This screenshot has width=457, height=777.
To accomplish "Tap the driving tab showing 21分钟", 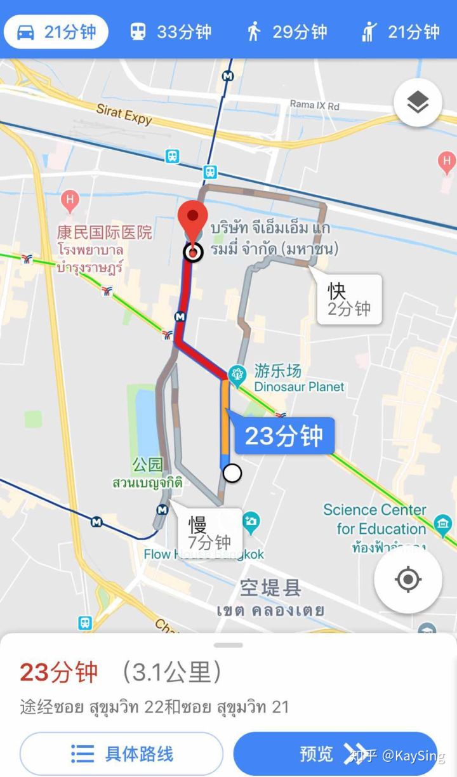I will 56,32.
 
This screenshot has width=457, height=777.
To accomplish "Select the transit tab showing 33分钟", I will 170,32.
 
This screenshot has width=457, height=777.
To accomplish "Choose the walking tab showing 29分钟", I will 287,32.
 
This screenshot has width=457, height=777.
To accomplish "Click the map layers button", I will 418,102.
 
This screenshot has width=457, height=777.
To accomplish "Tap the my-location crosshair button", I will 407,580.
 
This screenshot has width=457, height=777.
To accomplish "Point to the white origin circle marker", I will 233,473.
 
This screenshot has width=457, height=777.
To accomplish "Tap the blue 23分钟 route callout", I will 284,436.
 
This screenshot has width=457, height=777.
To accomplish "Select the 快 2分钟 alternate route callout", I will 349,300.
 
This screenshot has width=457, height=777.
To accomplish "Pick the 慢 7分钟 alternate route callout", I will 209,532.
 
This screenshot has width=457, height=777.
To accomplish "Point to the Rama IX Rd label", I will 314,105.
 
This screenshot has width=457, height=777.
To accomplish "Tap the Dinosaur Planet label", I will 299,386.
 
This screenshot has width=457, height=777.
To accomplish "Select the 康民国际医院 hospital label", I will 105,232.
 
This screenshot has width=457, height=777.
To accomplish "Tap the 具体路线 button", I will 121,754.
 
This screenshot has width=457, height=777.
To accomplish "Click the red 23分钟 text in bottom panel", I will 59,672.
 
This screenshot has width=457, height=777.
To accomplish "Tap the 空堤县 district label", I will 270,588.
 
